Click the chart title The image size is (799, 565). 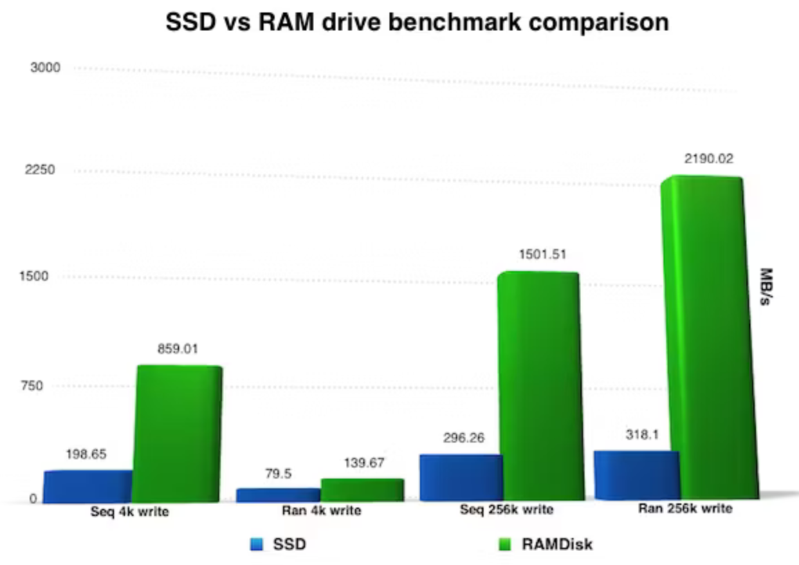(x=417, y=23)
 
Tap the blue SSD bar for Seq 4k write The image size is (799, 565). (x=88, y=486)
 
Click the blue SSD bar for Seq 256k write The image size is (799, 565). (x=460, y=477)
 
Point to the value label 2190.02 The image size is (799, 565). (x=709, y=159)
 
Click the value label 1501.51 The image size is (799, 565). (x=542, y=254)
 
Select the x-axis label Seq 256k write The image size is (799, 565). (x=506, y=510)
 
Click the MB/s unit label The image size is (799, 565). (x=767, y=288)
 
